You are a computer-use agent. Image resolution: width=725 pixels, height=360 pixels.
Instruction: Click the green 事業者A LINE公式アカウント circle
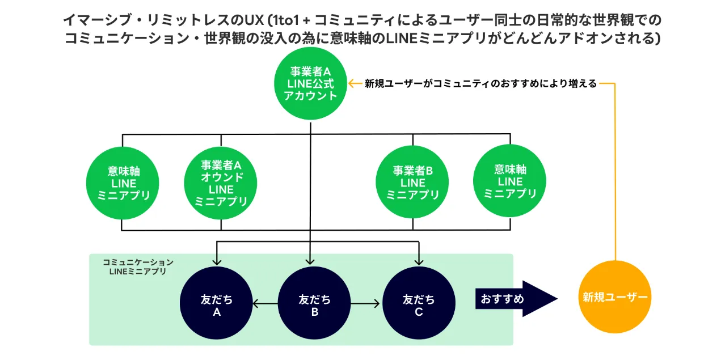click(310, 83)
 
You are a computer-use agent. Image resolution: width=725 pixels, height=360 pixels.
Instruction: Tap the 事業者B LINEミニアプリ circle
click(412, 182)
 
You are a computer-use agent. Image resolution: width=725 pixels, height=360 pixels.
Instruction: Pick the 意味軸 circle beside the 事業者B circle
click(509, 181)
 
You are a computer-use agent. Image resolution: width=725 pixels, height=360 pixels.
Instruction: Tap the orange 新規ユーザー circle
click(615, 297)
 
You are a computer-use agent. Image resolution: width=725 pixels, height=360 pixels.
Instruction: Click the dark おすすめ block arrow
click(516, 298)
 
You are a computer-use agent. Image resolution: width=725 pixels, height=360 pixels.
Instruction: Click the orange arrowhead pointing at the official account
click(352, 83)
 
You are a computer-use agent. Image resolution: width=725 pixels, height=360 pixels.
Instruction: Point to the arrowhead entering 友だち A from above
click(216, 261)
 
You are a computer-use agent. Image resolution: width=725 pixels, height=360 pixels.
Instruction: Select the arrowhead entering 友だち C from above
click(419, 261)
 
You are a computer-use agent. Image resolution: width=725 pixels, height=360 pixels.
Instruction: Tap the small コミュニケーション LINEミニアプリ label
click(138, 267)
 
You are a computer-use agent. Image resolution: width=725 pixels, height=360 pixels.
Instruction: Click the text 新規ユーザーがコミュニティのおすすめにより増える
click(480, 83)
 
